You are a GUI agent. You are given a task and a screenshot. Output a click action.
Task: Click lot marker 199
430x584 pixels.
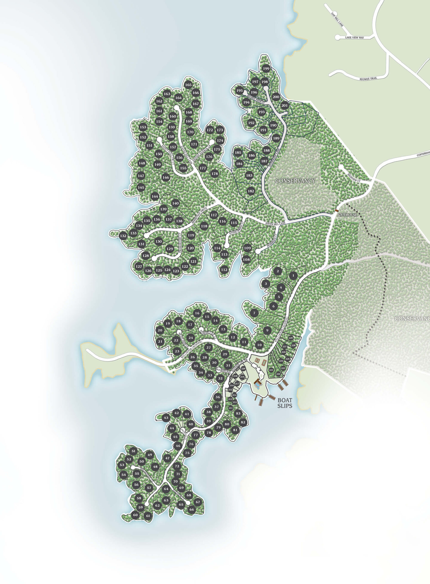coord(266,69)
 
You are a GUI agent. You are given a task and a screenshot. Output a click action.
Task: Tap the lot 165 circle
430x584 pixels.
coord(188,85)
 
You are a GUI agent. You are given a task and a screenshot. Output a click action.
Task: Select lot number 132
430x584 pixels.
coord(123,236)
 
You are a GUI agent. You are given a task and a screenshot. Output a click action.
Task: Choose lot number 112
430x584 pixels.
coord(224,270)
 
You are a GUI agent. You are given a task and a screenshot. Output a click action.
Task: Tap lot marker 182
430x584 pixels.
coord(251,191)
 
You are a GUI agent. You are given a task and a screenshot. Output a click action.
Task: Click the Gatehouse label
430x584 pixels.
coord(347,215)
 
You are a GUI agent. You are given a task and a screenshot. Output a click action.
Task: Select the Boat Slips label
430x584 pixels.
coord(285,403)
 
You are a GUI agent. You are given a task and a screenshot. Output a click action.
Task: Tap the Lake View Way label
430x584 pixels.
coord(355,37)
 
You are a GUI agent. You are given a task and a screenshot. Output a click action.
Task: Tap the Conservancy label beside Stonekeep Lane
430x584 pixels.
coord(295,180)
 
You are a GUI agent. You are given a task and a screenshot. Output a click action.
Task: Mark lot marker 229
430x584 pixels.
coord(291,338)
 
